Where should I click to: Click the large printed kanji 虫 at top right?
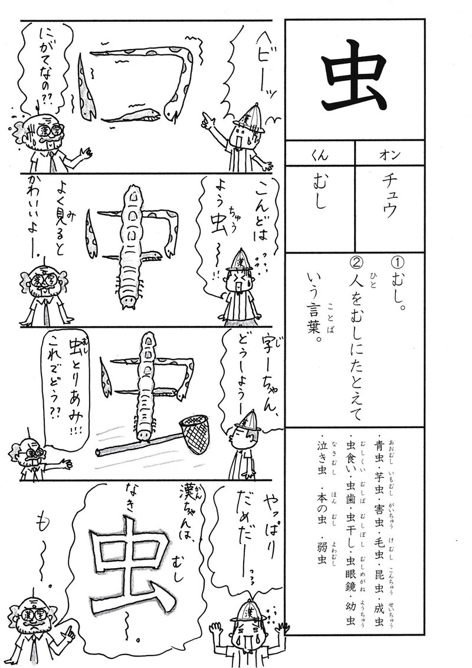point(354,82)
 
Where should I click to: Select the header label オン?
point(389,155)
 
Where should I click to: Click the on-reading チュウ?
point(390,197)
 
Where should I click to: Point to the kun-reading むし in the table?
point(320,192)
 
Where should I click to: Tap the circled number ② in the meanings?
point(355,265)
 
